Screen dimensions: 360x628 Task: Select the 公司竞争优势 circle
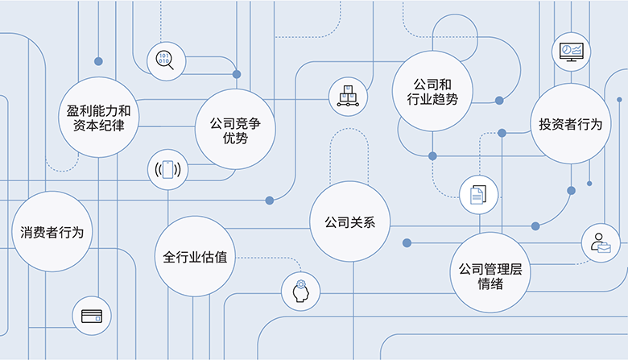(235, 130)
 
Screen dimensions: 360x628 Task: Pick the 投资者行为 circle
(570, 124)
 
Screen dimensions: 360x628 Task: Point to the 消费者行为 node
(51, 233)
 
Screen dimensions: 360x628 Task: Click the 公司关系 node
(350, 221)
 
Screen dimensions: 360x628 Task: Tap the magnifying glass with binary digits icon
(165, 59)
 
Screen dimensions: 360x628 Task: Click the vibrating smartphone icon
(167, 170)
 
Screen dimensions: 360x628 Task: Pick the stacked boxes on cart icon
(348, 95)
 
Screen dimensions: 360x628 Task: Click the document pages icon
(477, 194)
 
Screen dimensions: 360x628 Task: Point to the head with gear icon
(300, 291)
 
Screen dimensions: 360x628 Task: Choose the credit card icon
(92, 315)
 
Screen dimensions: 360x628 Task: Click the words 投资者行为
(570, 124)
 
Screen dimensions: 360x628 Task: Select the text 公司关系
(350, 221)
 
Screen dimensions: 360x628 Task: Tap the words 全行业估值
(194, 258)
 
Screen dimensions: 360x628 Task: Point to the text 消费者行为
(51, 233)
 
